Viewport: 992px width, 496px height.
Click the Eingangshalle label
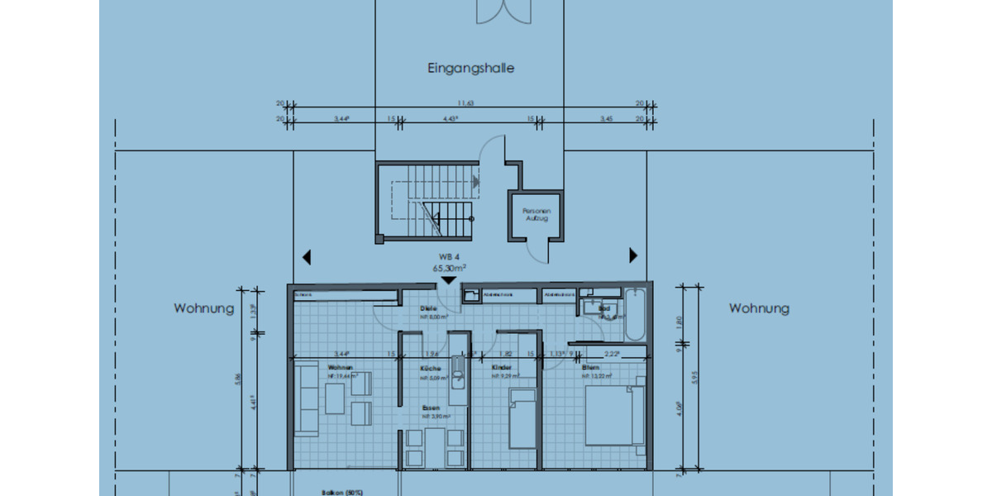coord(470,69)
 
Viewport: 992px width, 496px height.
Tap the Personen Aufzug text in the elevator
coord(536,214)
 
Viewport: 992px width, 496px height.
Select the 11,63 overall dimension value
coord(467,103)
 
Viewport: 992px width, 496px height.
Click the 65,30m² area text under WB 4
coord(449,269)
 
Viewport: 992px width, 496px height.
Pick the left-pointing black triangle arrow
coord(307,256)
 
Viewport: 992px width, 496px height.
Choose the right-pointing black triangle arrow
coord(634,255)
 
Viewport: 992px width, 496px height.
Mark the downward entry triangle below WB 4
coord(448,281)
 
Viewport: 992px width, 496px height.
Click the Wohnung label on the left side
coord(204,308)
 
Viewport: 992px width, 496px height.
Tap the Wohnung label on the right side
coord(759,308)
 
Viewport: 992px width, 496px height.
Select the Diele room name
coord(427,308)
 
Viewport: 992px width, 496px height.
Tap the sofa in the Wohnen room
coord(308,402)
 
